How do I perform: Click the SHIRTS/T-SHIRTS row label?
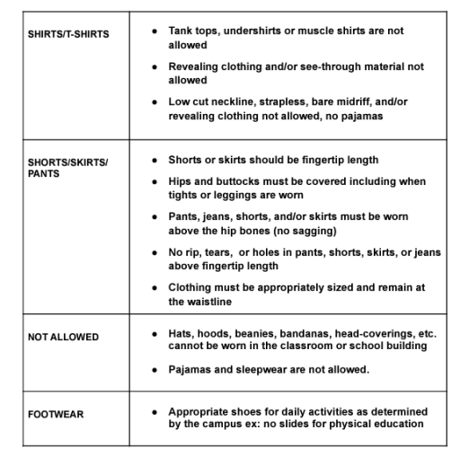(67, 33)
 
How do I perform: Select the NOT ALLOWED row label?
(64, 337)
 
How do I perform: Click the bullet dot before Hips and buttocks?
(157, 181)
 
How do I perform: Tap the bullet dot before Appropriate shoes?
(157, 411)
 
